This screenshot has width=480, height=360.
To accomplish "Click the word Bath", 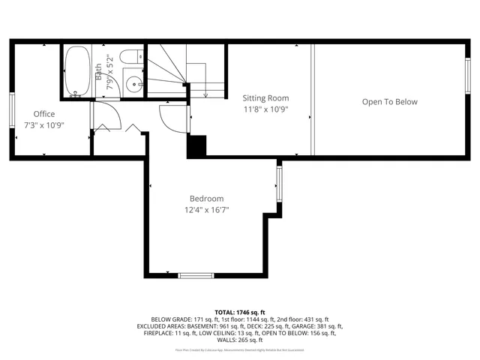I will pyautogui.click(x=99, y=72).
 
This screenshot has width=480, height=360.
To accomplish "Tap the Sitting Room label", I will pyautogui.click(x=265, y=98).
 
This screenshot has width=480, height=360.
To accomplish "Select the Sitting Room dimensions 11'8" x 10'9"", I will pyautogui.click(x=265, y=109).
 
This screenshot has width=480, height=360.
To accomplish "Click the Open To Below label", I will pyautogui.click(x=389, y=102).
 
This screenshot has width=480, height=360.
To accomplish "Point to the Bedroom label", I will pyautogui.click(x=206, y=199).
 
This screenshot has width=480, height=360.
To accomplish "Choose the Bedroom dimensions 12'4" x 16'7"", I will pyautogui.click(x=206, y=210).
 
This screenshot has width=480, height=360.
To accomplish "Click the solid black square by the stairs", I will pyautogui.click(x=196, y=146).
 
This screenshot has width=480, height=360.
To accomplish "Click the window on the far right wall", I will pyautogui.click(x=467, y=75).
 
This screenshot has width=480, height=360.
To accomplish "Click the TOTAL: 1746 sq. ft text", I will pyautogui.click(x=240, y=311).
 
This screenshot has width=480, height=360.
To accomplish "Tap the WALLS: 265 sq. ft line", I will pyautogui.click(x=240, y=340).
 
